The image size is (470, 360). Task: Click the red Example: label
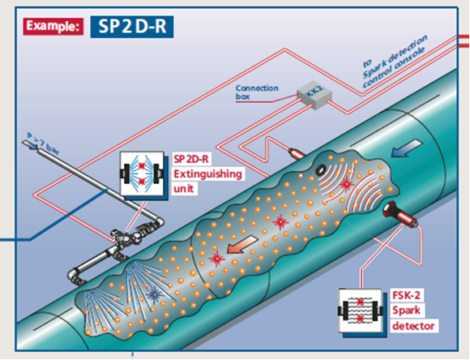(x=53, y=27)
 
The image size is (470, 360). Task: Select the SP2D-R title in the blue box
(x=132, y=27)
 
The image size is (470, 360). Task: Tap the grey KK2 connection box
(x=314, y=95)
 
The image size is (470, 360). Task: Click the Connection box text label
(x=257, y=92)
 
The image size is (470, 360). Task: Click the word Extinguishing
(x=207, y=174)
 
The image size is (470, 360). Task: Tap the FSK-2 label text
(x=406, y=295)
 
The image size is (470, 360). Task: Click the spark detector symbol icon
(x=361, y=311)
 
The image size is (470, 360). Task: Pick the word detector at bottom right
(x=413, y=326)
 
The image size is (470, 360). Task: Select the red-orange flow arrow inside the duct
(x=242, y=244)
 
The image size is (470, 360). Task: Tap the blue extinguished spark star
(x=155, y=294)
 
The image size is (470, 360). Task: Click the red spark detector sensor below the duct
(x=400, y=215)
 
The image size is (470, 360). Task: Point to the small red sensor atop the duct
(x=297, y=152)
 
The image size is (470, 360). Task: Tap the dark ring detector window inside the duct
(x=321, y=169)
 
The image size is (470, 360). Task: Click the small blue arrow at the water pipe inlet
(x=31, y=145)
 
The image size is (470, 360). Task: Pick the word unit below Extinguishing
(x=183, y=189)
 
